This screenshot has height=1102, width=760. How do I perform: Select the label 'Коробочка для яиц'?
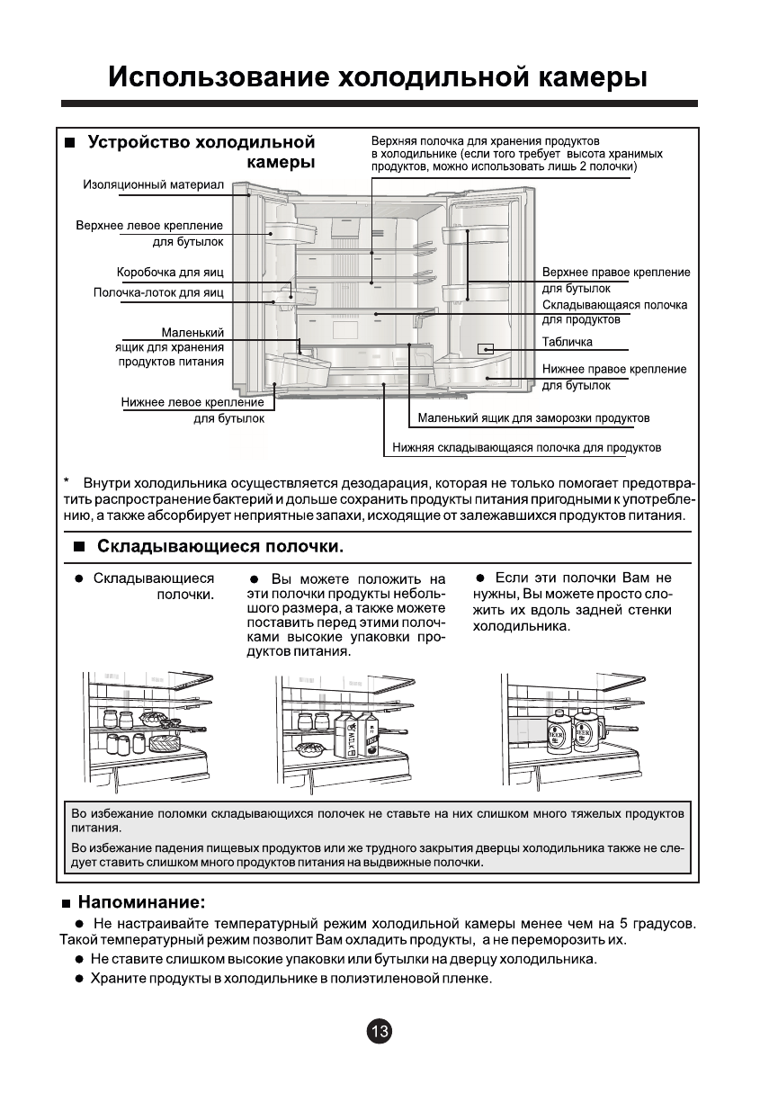point(170,272)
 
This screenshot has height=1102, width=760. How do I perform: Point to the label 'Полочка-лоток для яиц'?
point(158,292)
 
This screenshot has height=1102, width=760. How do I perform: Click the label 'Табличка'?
point(568,342)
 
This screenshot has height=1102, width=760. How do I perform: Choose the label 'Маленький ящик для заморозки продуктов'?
point(533,418)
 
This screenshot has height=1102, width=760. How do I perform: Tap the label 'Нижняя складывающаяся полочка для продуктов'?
point(526,447)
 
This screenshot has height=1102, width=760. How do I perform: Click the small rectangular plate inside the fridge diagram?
point(486,348)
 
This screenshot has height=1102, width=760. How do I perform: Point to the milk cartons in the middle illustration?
point(356,733)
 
